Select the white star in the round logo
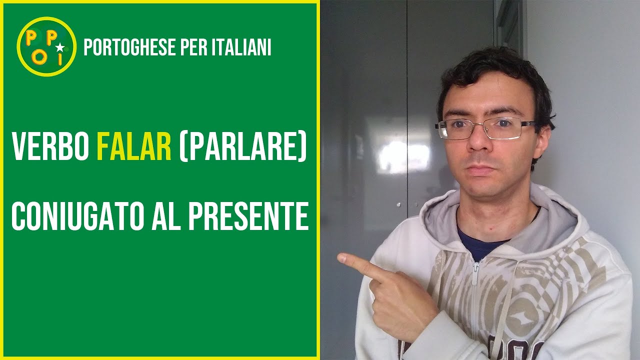point(60,48)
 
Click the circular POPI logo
point(46,46)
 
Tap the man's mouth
point(481,169)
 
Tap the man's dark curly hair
point(495,75)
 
